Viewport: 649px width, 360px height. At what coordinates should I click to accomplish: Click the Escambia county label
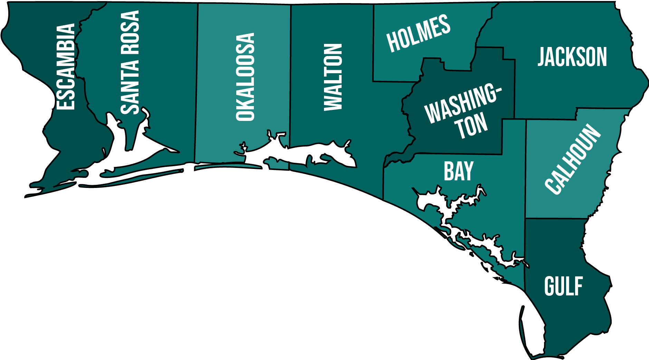[66, 67]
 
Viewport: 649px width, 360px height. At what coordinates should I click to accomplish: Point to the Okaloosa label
[245, 77]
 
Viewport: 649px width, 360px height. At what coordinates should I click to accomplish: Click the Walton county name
[333, 77]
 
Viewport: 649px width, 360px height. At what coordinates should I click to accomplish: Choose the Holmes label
[418, 33]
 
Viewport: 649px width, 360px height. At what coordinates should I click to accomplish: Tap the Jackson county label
[572, 57]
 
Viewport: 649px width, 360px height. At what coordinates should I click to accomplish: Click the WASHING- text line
[462, 103]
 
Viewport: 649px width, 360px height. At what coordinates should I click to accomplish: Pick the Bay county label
[458, 171]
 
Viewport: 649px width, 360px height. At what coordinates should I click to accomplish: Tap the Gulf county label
[563, 286]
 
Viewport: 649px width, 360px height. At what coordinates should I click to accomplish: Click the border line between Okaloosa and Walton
[290, 86]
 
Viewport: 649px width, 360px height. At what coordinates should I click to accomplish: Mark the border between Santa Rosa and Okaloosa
[197, 86]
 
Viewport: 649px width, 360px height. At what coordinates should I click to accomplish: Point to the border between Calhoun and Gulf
[553, 218]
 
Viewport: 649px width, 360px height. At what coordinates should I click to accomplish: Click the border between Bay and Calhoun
[525, 173]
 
